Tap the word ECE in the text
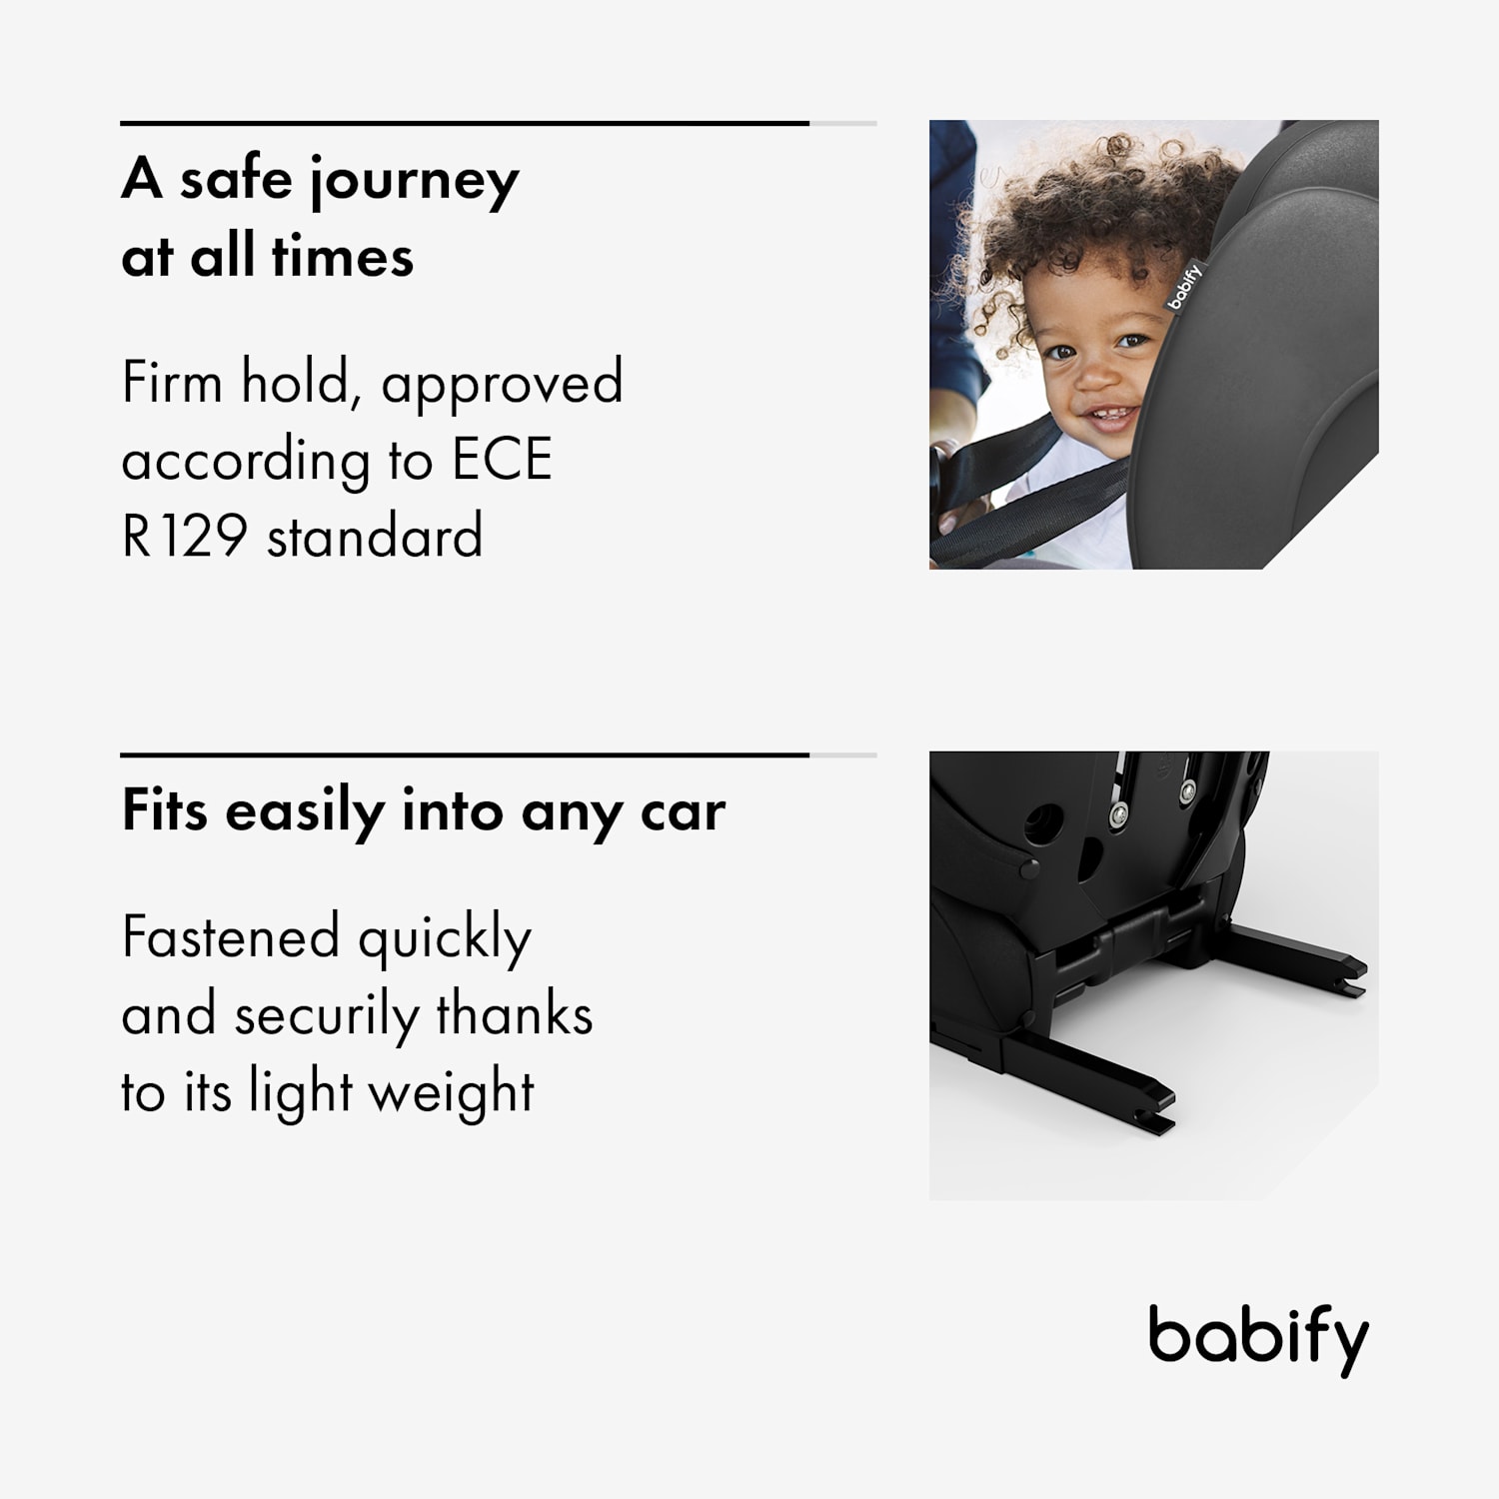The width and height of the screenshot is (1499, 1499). pos(502,460)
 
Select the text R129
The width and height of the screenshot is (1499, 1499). pos(184,537)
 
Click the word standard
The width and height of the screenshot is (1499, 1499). pos(375,537)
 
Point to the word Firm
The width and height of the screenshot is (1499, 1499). pos(171,382)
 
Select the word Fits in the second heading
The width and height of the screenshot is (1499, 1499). pos(164,809)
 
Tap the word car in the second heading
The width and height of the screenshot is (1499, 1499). pos(684,811)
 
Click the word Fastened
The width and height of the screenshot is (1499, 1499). pos(231,937)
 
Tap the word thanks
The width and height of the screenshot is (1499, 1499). pos(515,1015)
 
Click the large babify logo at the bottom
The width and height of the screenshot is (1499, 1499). pos(1257,1339)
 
